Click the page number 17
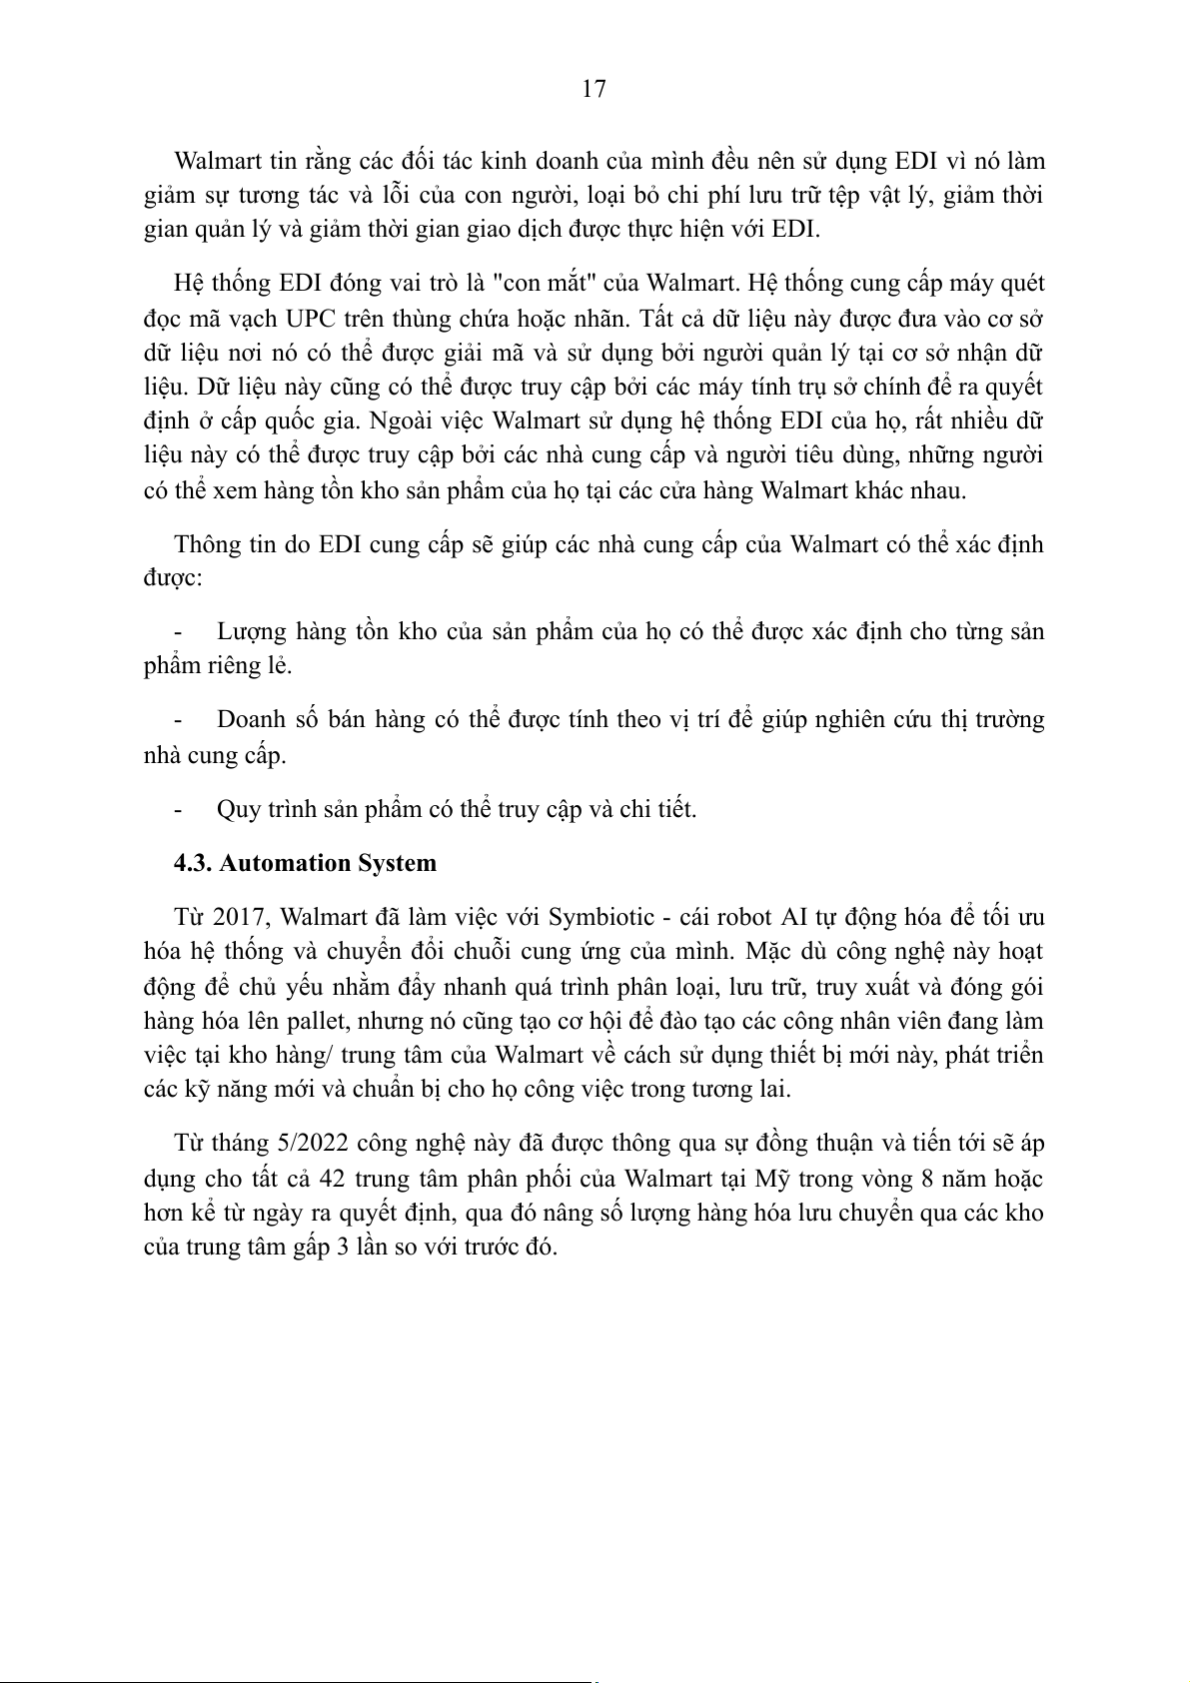(594, 90)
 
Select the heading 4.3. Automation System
(305, 863)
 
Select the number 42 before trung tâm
(332, 1179)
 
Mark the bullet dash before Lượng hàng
(178, 632)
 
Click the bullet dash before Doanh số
(178, 720)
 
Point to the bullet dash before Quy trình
(178, 809)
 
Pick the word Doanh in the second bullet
(249, 720)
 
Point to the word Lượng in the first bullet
(251, 632)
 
